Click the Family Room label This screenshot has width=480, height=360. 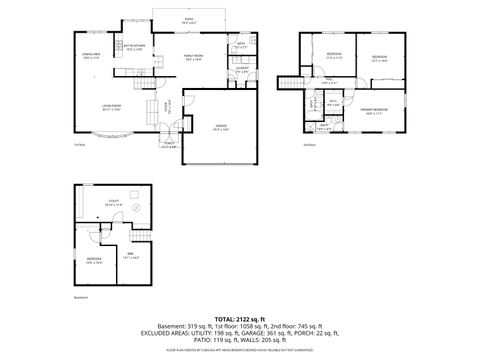[194, 58]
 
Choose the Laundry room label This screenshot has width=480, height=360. [241, 71]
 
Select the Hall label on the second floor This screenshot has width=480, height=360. [329, 81]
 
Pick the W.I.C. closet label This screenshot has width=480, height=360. [333, 102]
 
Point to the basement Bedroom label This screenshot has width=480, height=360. [94, 262]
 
